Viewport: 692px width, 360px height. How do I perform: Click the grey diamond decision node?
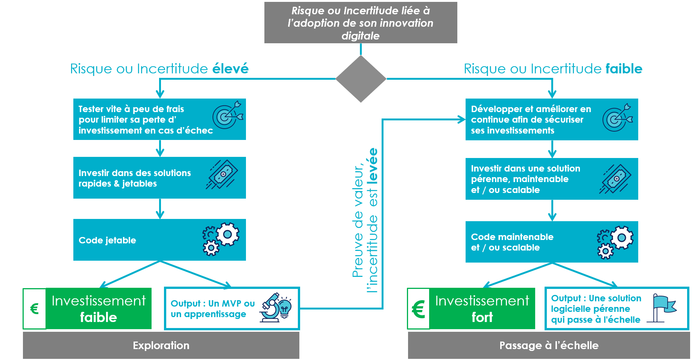[361, 79]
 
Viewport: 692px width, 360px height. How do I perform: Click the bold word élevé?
[231, 69]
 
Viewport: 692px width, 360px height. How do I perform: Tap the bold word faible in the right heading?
[624, 69]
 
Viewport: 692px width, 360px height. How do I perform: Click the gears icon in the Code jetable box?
[221, 239]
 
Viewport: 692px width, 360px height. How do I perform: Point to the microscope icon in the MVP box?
[275, 307]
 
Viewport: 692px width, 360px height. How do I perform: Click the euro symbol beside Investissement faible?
[34, 309]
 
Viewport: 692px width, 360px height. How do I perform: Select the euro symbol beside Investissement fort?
[418, 309]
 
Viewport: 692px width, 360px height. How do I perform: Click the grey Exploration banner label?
[161, 345]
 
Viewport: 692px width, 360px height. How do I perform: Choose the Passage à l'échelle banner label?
[549, 345]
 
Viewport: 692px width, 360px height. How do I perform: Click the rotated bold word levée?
[373, 166]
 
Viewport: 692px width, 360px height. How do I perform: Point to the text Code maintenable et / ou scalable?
[512, 242]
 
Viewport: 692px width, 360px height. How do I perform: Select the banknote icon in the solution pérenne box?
[615, 179]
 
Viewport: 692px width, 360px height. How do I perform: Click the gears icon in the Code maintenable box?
[615, 242]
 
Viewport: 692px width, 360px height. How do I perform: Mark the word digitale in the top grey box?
[360, 36]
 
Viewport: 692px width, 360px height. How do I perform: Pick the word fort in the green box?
[482, 317]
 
